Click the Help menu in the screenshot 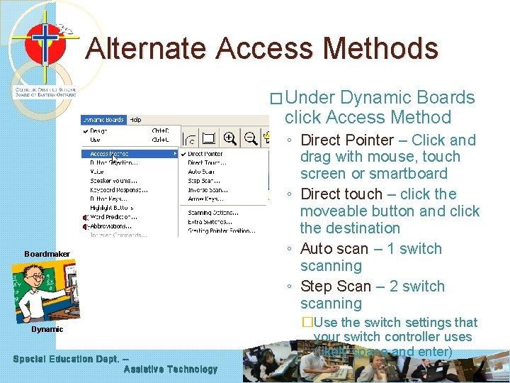[135, 120]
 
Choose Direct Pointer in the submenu [205, 154]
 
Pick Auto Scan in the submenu [202, 172]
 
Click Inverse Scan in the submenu [207, 189]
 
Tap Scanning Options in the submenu [212, 212]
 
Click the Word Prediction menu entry [113, 217]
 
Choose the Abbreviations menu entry [113, 226]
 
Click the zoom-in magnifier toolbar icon [229, 138]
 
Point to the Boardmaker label [47, 254]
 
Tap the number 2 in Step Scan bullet [394, 287]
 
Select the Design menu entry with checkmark [99, 131]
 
